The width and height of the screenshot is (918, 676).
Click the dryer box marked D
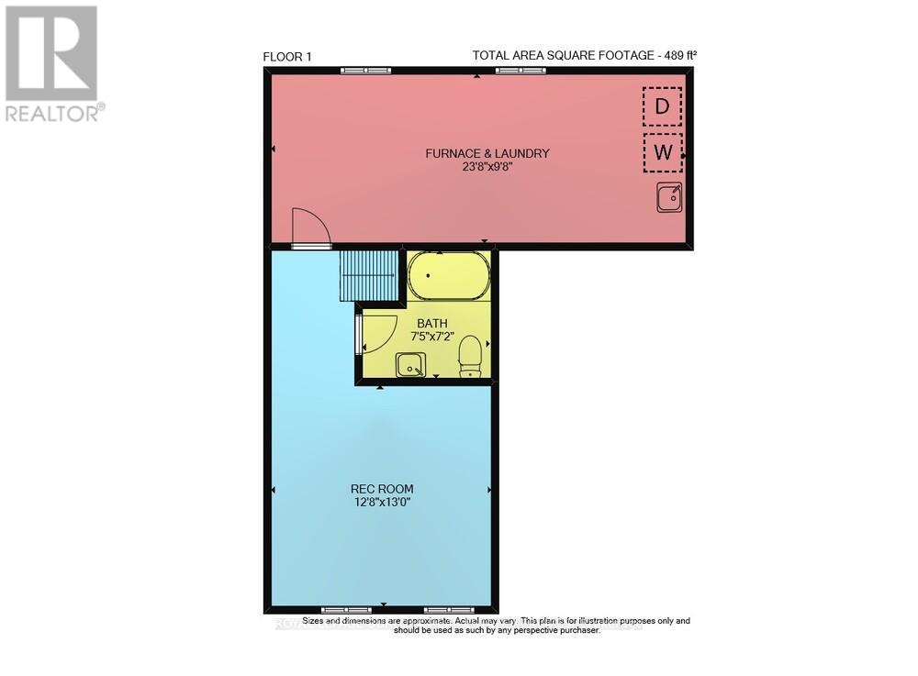[662, 106]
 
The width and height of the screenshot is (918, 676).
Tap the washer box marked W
[662, 153]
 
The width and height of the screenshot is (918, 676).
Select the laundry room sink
[669, 197]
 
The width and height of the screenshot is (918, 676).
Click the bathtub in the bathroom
[448, 276]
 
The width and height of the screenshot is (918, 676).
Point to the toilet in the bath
[470, 356]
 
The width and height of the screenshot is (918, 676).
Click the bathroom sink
[410, 365]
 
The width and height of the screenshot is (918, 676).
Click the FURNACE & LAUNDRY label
[487, 153]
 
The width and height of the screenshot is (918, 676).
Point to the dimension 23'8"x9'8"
[487, 168]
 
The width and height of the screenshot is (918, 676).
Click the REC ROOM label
[381, 488]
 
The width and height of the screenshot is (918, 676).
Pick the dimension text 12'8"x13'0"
[381, 503]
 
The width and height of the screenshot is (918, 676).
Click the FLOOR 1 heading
[287, 57]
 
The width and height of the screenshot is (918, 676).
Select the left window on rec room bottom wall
[347, 609]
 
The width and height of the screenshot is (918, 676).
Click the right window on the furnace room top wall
[521, 71]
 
